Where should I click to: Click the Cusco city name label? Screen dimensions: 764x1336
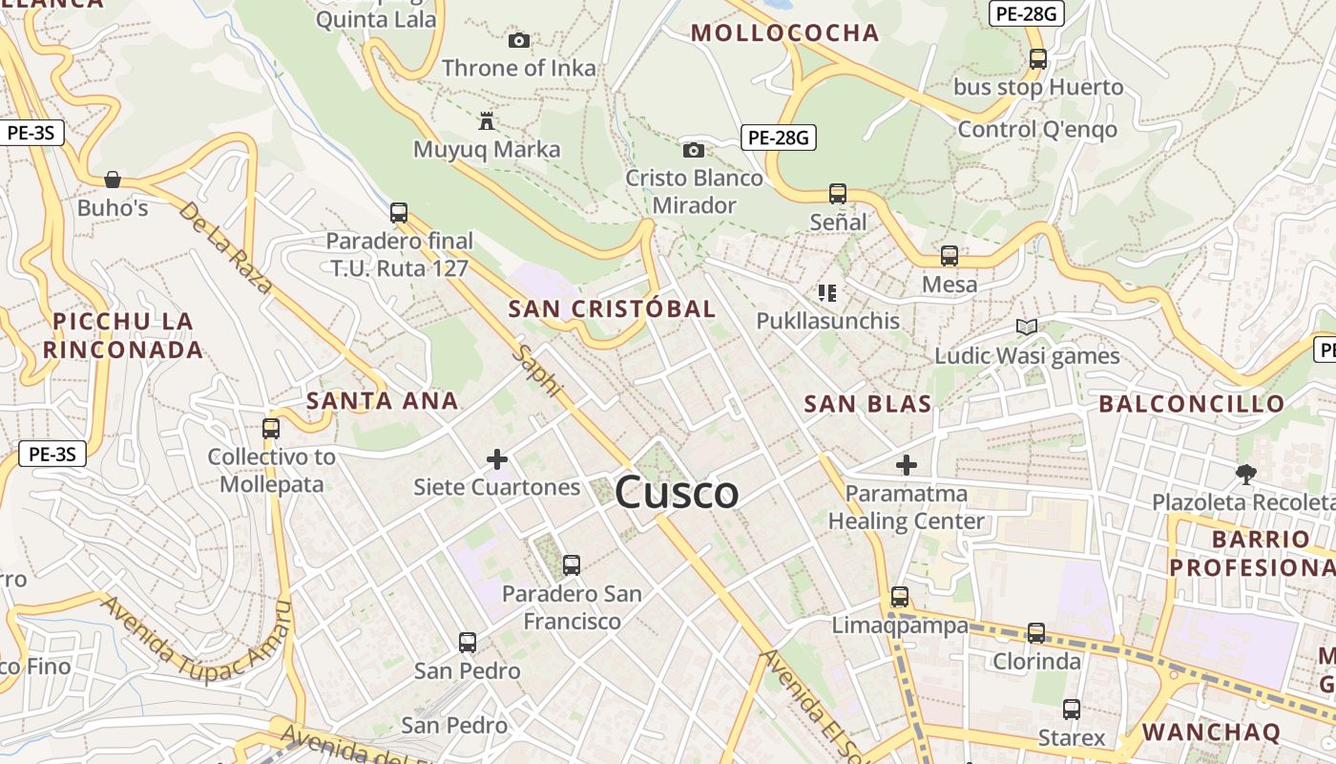coord(677,493)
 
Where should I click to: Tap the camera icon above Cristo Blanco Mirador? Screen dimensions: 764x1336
coord(694,150)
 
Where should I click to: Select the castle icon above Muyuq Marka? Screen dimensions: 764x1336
coord(487,121)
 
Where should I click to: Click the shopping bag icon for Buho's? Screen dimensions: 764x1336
coord(113,180)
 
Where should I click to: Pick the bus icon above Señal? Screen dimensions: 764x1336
coord(838,194)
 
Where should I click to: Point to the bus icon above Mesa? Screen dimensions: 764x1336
coord(949,256)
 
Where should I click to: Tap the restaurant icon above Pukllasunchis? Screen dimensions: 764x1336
coord(827,292)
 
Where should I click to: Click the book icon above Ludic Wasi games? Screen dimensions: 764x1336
coord(1027,328)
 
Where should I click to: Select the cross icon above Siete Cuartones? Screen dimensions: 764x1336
coord(497,459)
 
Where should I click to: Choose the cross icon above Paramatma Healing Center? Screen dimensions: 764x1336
coord(907,466)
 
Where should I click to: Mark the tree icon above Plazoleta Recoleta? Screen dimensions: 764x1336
coord(1245,474)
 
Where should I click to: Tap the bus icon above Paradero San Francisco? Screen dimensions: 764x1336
coord(572,565)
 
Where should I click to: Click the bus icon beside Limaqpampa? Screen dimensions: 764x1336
coord(900,597)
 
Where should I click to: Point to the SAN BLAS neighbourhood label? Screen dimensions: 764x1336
coord(867,404)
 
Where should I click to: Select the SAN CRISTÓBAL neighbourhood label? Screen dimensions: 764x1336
coord(612,309)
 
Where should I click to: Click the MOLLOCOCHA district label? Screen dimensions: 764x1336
coord(784,33)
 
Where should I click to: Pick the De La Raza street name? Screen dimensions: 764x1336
coord(225,247)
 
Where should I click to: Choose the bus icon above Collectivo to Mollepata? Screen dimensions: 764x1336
coord(271,428)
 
